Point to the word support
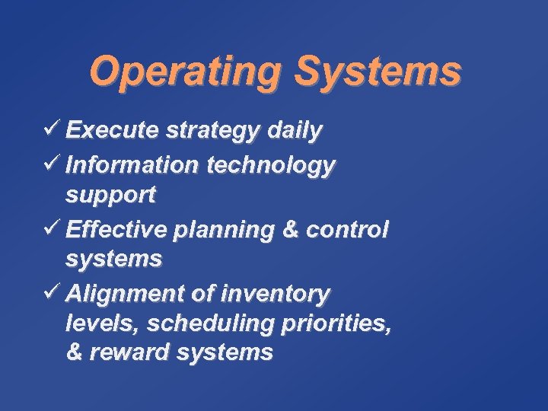pos(110,196)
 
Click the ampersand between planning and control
pos(287,228)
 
